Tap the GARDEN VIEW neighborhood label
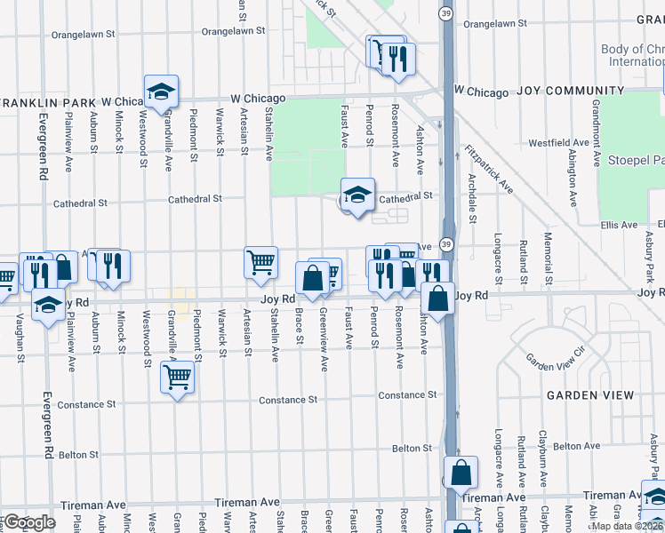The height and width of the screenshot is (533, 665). point(590,394)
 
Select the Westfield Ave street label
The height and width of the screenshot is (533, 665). point(558,142)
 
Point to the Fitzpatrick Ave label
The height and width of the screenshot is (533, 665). point(489,170)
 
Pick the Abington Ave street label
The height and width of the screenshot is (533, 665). point(572,158)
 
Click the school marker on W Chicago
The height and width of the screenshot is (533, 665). point(162,91)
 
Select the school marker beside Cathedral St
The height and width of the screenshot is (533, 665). point(357,195)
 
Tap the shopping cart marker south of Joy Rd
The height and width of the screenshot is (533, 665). point(178,378)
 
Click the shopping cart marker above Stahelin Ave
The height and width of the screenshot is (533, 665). point(261,262)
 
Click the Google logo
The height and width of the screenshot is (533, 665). point(29,522)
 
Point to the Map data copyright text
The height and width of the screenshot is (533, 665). point(628,526)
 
